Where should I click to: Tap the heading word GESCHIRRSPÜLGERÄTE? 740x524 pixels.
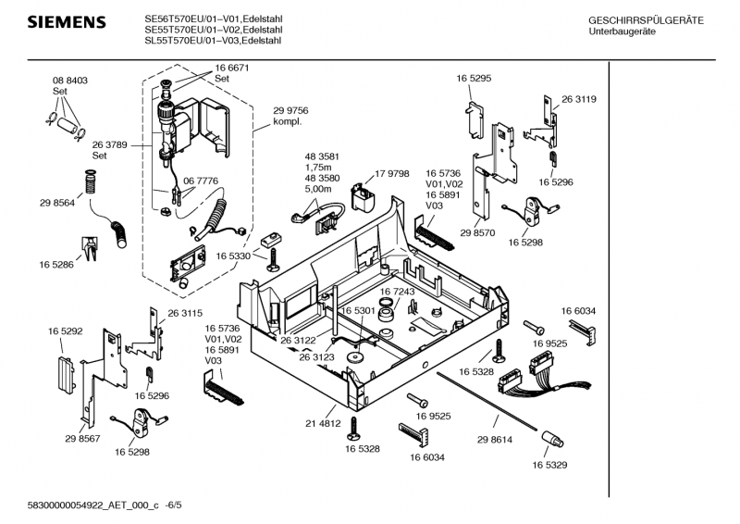pos(646,20)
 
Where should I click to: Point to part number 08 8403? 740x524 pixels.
pos(69,81)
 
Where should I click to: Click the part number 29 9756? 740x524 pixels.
pos(290,110)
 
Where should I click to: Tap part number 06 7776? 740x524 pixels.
pos(201,181)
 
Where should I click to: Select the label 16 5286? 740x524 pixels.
pos(56,265)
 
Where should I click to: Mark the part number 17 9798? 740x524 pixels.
pos(392,173)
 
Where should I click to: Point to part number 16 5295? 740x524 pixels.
pos(473,80)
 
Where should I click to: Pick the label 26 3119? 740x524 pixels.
pos(578,99)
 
